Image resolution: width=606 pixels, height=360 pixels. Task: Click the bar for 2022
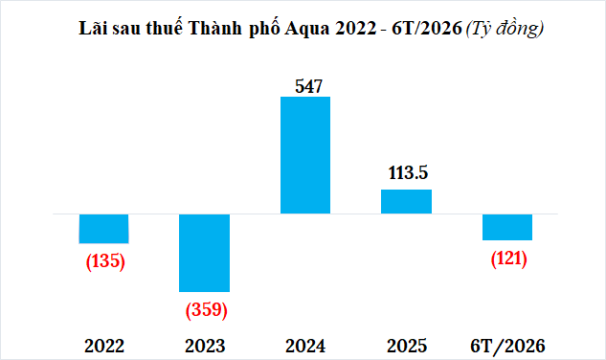click(x=103, y=229)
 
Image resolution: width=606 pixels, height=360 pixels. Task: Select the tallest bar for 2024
click(x=305, y=155)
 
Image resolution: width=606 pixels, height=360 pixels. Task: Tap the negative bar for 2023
click(x=205, y=253)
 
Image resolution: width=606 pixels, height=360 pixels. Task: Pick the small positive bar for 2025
click(x=406, y=201)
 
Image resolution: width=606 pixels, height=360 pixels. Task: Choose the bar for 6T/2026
click(x=507, y=227)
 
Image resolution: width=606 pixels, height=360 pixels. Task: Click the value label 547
click(x=308, y=86)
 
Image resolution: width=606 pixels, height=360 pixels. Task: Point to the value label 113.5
click(x=408, y=172)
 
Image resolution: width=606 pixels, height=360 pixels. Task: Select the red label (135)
click(x=105, y=261)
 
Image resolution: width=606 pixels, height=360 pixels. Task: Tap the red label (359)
click(x=207, y=309)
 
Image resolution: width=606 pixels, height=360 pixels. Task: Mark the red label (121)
click(x=509, y=259)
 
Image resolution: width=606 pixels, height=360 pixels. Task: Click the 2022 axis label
click(x=104, y=346)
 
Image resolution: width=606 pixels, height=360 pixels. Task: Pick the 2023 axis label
click(x=205, y=346)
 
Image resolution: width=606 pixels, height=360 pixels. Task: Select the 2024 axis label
click(x=305, y=346)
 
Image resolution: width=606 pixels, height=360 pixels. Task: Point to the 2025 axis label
click(x=407, y=346)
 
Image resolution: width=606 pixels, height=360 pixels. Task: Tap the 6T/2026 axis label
click(x=507, y=346)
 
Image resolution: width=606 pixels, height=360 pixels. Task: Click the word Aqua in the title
click(x=307, y=29)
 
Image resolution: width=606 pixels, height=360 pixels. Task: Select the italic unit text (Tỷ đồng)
click(x=505, y=29)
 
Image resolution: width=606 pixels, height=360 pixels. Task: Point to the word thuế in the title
click(x=164, y=28)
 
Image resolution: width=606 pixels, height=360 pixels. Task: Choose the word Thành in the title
click(x=215, y=28)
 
